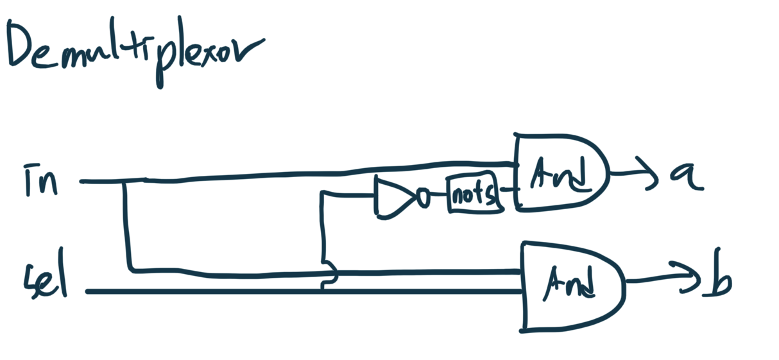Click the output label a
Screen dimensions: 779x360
[x=685, y=175]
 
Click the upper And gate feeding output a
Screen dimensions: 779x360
[x=561, y=171]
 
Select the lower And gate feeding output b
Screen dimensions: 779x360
[x=571, y=286]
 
